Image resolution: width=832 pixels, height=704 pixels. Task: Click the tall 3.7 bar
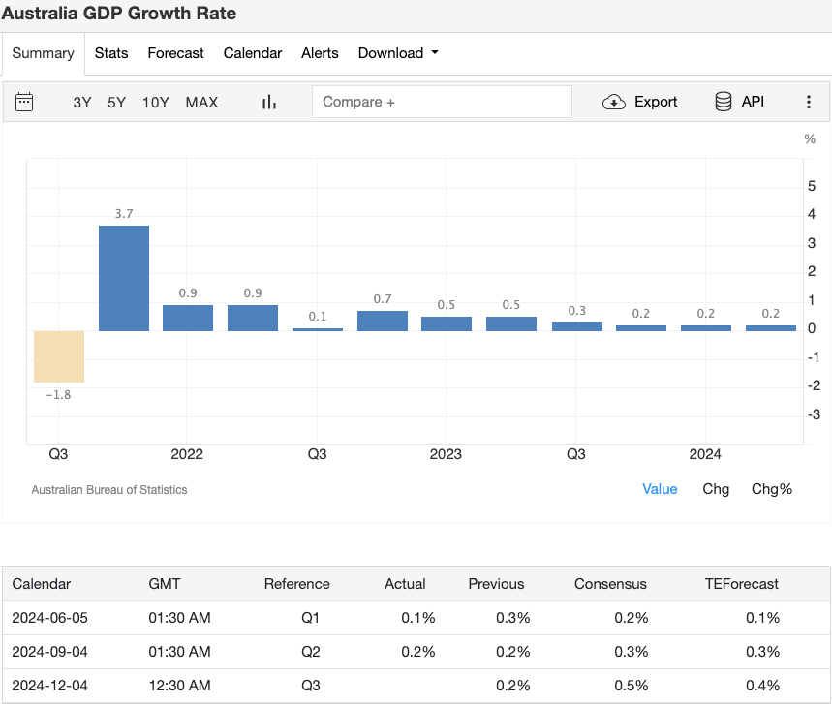pos(124,279)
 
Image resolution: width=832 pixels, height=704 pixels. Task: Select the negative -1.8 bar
pos(59,356)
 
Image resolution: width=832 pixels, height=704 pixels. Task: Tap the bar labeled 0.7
pos(383,321)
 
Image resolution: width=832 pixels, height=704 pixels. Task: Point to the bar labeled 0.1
pos(318,329)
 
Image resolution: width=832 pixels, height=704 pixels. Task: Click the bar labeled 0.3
pos(577,326)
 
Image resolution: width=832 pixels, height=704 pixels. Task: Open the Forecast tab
pos(175,53)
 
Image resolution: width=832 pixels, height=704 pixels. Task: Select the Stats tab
pos(111,53)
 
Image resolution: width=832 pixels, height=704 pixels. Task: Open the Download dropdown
pos(398,53)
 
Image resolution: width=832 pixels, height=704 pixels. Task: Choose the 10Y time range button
pos(156,102)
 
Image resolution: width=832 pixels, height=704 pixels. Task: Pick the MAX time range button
pos(201,102)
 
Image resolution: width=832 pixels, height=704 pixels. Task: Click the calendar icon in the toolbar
pos(25,102)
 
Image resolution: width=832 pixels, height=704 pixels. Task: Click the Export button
pos(640,102)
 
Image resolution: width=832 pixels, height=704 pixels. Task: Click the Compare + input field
pos(442,102)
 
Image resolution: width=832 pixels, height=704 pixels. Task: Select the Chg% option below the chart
pos(772,489)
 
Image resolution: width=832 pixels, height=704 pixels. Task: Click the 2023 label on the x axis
pos(446,454)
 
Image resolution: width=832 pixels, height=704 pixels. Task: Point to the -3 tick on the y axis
pos(814,414)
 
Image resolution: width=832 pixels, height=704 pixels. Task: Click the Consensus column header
pos(610,584)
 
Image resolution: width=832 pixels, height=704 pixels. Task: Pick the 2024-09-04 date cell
pos(49,652)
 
